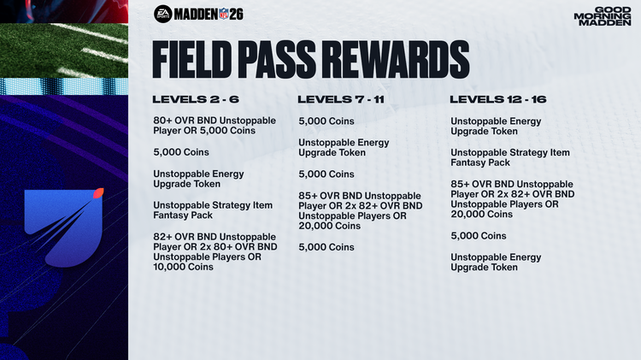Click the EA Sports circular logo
[162, 14]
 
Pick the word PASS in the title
[291, 58]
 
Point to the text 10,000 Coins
[184, 267]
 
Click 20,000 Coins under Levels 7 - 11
[329, 226]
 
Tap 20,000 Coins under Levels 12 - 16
[481, 215]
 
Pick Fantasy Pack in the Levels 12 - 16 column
[480, 162]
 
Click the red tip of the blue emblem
[99, 192]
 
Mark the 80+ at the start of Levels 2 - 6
[163, 121]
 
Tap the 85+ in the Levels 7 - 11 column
[309, 195]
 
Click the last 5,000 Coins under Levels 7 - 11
[326, 247]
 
